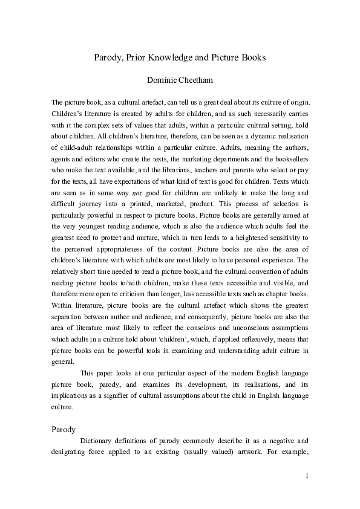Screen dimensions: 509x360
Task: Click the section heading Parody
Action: [64, 430]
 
